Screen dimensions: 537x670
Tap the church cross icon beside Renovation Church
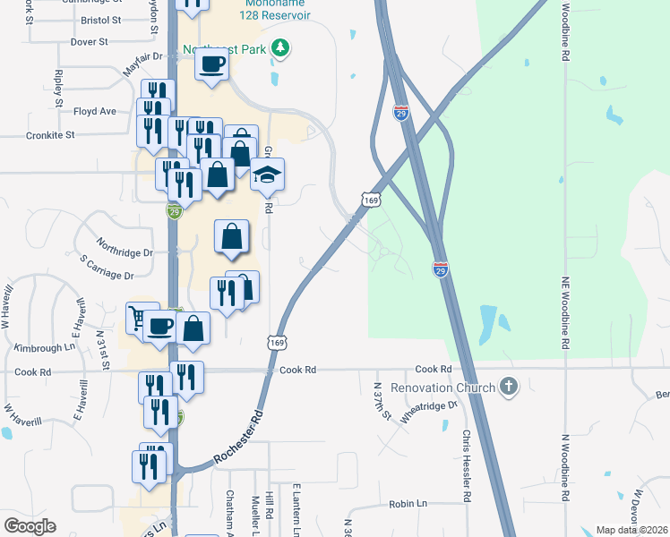pos(509,387)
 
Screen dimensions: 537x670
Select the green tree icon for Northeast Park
pos(281,48)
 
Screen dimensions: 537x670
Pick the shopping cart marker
pos(139,317)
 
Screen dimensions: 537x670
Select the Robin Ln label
pos(408,504)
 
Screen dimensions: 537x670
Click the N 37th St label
pos(382,400)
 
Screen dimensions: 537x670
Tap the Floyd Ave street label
pos(95,111)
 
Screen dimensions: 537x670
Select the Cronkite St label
pos(51,135)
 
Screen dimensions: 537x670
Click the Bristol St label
pos(100,19)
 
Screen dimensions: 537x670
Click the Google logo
pos(30,526)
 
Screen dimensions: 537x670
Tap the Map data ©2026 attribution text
pos(631,530)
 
